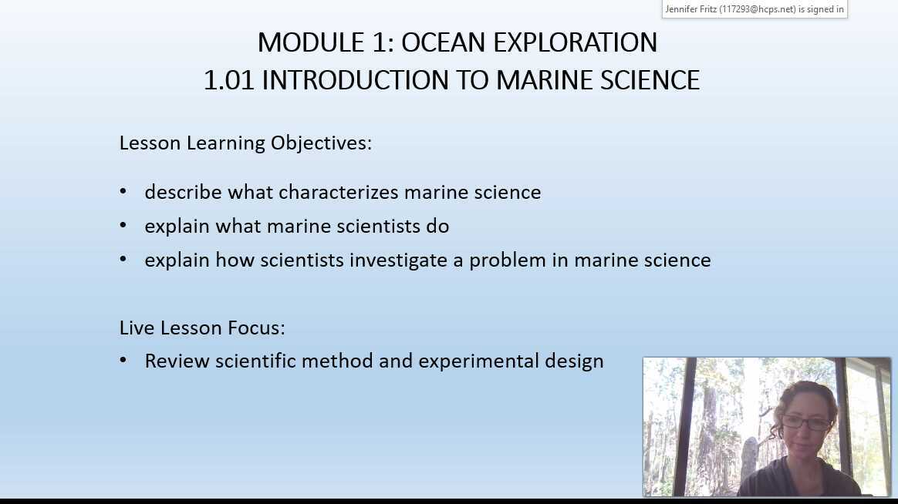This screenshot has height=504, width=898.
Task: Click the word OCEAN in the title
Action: click(x=444, y=42)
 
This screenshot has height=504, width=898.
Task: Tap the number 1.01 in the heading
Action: click(x=228, y=80)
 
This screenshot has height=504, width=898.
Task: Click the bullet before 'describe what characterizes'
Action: click(x=123, y=192)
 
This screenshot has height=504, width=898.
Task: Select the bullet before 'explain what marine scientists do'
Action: click(x=123, y=226)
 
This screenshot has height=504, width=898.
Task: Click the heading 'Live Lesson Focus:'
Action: click(x=202, y=328)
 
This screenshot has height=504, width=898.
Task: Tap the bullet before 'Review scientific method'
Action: click(x=123, y=361)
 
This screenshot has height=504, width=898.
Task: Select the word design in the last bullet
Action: click(x=574, y=361)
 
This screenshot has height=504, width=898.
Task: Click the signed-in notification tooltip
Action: click(x=755, y=9)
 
